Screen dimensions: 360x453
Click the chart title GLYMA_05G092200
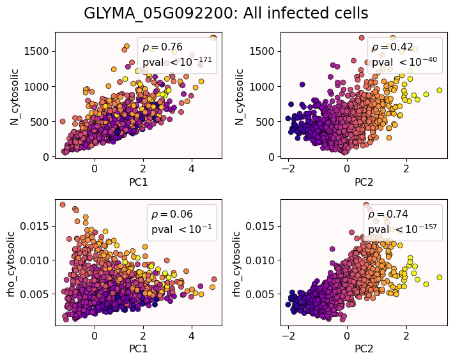(x=226, y=13)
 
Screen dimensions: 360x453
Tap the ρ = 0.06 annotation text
(x=172, y=214)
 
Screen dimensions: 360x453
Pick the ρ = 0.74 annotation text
(x=388, y=214)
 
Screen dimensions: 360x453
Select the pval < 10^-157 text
(x=403, y=229)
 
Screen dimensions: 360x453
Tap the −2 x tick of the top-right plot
(x=288, y=167)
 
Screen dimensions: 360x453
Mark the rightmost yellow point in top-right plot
(x=440, y=91)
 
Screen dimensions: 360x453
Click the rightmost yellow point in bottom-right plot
(x=440, y=278)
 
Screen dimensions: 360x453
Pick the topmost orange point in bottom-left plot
(x=63, y=205)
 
